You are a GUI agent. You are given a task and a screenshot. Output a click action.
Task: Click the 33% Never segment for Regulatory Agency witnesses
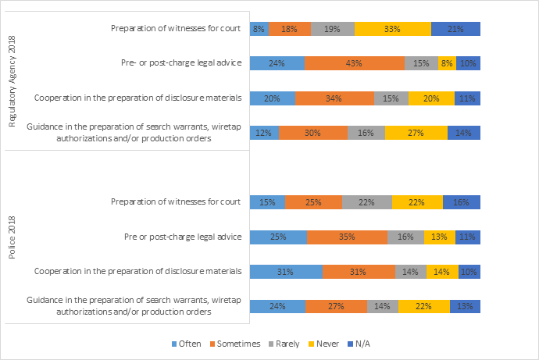pos(392,29)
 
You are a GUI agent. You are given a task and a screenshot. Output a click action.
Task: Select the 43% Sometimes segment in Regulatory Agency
pos(355,63)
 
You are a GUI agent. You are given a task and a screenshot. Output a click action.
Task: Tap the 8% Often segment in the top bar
pos(259,29)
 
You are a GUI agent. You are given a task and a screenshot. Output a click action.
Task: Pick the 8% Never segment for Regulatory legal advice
pos(447,63)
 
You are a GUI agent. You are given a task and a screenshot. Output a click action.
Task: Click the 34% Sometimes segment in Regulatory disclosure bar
pos(334,98)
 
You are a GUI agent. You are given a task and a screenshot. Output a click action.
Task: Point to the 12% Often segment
pos(263,133)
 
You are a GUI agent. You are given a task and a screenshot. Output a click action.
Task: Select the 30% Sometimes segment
pos(313,133)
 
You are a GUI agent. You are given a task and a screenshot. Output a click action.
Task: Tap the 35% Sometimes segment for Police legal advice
pos(347,237)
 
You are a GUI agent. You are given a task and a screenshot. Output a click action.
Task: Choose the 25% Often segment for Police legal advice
pos(278,237)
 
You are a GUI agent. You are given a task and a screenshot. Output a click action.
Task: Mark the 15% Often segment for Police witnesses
pos(267,202)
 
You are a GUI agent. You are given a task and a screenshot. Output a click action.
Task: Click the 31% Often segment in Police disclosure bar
pos(285,271)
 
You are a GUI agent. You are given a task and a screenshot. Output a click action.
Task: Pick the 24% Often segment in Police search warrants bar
pos(277,306)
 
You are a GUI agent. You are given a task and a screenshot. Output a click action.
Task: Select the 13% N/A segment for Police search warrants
pos(465,306)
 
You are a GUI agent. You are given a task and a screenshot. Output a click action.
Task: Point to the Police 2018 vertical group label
pos(12,254)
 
